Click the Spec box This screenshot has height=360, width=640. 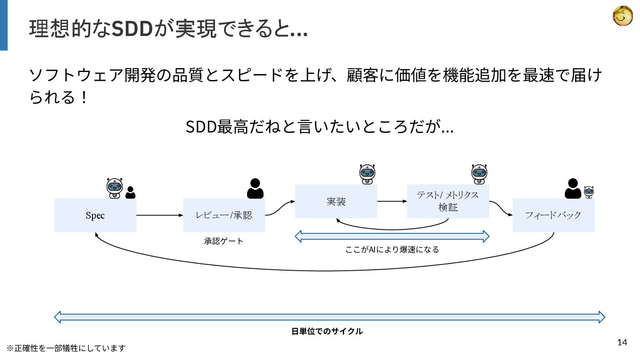[x=95, y=216]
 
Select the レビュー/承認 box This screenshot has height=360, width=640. [x=224, y=216]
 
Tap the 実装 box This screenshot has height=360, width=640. [x=336, y=201]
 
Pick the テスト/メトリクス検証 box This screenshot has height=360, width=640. [x=448, y=201]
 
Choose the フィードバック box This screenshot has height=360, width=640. [x=553, y=216]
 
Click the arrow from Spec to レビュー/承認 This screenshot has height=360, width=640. [x=160, y=216]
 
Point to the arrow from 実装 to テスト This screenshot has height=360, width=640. [x=392, y=201]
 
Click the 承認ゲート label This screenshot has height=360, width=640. [x=224, y=241]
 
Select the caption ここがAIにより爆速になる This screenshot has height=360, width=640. [x=392, y=250]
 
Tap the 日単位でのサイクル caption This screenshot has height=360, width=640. [x=327, y=332]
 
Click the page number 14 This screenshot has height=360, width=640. [x=622, y=342]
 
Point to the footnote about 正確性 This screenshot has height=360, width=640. [x=66, y=348]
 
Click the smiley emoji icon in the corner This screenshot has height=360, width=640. [x=623, y=16]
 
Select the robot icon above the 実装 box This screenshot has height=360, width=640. [x=367, y=174]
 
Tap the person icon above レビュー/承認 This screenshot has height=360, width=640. [x=255, y=188]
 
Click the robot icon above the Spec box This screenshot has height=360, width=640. [x=115, y=188]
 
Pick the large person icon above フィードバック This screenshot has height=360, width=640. [x=573, y=188]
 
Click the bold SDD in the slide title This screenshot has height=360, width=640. [x=132, y=30]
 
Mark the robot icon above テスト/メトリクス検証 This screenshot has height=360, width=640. [x=479, y=174]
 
